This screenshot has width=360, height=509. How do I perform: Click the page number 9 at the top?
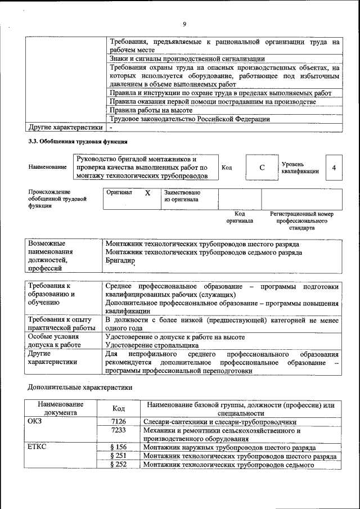point(184,24)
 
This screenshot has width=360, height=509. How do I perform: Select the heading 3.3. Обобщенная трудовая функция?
point(78,141)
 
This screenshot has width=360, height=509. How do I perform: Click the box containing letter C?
point(262,168)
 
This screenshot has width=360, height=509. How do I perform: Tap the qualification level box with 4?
point(334,168)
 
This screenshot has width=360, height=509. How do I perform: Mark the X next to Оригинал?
point(147,192)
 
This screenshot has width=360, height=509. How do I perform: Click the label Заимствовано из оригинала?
point(182,196)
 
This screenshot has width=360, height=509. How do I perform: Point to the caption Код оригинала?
point(239,218)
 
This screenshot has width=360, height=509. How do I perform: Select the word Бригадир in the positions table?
point(120,262)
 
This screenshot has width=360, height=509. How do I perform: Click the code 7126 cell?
point(119,421)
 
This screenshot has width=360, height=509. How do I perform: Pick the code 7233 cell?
point(119,430)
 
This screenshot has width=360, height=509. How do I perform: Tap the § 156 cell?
point(119,448)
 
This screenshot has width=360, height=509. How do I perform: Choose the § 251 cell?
point(119,456)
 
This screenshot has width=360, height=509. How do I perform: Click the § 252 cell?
point(119,465)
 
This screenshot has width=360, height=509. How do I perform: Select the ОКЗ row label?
point(35,421)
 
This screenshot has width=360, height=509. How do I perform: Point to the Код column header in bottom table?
point(119,408)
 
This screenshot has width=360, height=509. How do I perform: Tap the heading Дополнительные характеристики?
point(80,388)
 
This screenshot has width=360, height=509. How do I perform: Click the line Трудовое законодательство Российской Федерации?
point(190,119)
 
